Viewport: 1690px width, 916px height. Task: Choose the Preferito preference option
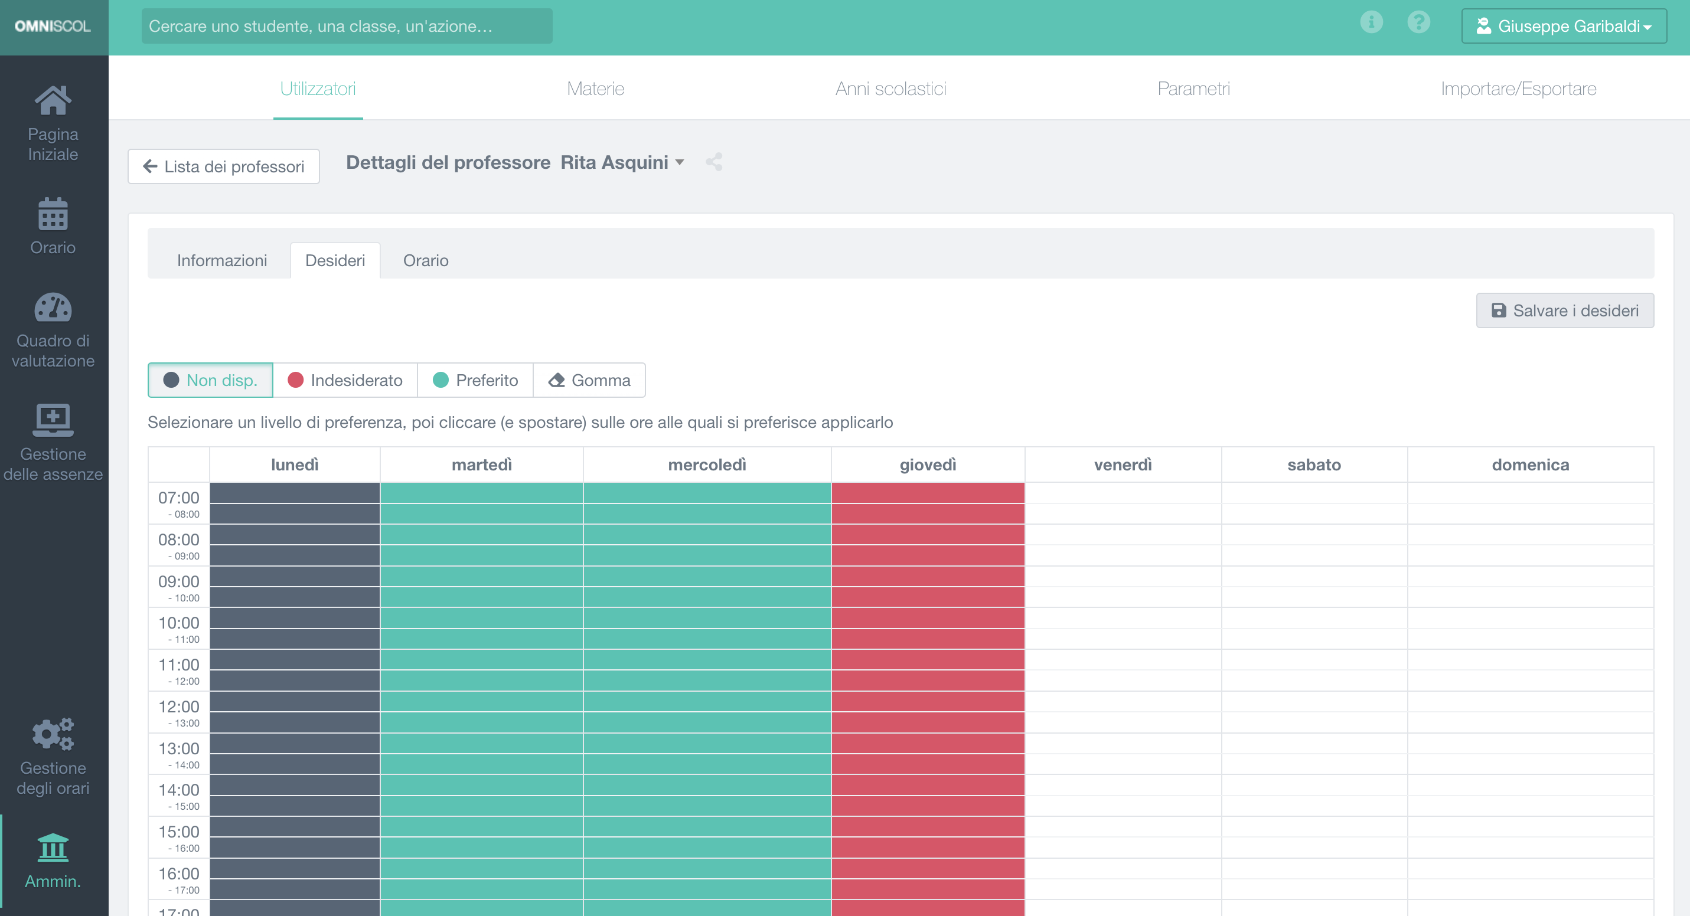click(x=475, y=380)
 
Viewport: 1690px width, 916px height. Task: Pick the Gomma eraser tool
click(x=589, y=380)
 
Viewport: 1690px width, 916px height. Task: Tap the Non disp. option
click(x=211, y=380)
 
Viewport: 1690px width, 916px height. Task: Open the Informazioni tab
click(x=222, y=261)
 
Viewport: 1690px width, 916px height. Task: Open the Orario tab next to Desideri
click(x=426, y=261)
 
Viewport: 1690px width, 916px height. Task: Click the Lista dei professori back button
click(x=224, y=166)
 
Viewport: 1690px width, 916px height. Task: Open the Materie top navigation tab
click(x=595, y=89)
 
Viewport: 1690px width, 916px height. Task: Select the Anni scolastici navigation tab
click(x=890, y=89)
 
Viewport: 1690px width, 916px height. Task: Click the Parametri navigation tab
click(x=1193, y=89)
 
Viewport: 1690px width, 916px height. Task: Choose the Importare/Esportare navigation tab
click(x=1518, y=89)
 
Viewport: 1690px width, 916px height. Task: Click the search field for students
click(x=347, y=26)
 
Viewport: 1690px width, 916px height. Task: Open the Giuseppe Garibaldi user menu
click(x=1564, y=26)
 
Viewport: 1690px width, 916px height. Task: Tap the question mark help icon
click(x=1418, y=22)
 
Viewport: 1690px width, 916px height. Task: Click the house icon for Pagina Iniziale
click(x=53, y=101)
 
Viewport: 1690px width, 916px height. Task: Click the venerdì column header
click(x=1123, y=465)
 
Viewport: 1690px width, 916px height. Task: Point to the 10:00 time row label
click(x=178, y=628)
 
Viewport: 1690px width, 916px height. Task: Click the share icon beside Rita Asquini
click(x=715, y=162)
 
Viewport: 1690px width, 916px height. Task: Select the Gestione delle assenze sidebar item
click(x=53, y=443)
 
